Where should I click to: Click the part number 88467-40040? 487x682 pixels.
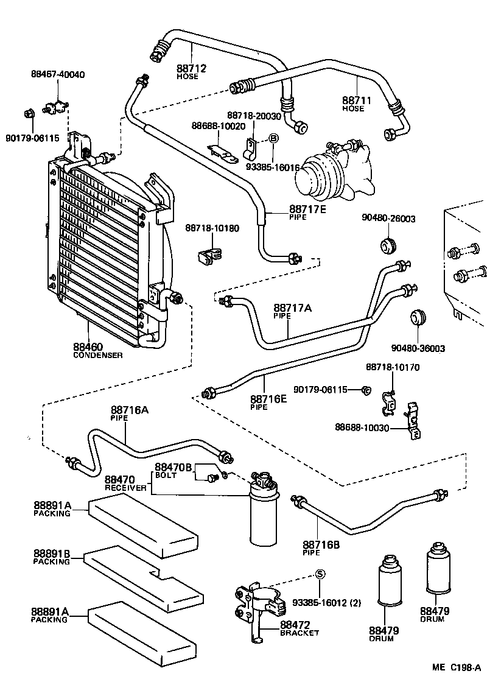point(58,74)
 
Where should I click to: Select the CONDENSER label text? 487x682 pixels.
point(97,355)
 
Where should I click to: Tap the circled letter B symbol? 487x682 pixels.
point(273,139)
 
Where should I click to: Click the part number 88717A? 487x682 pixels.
point(292,309)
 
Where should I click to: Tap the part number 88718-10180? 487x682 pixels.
point(212,228)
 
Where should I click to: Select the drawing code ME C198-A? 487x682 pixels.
point(457,667)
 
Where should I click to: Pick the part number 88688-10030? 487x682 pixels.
point(361,427)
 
